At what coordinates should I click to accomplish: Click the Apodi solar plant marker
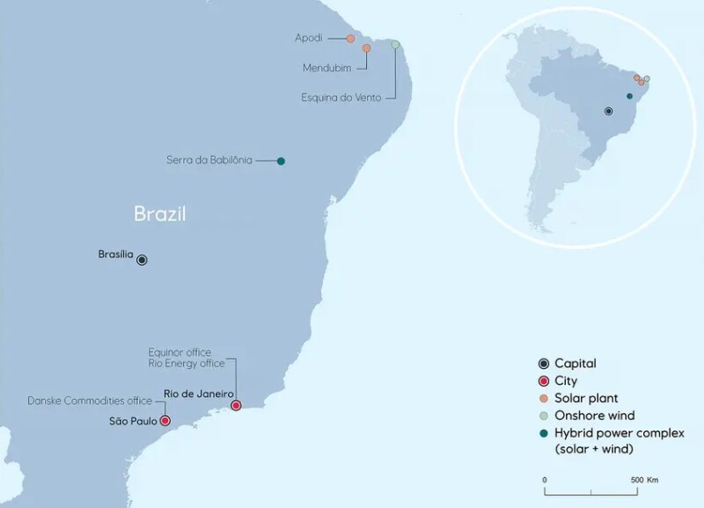coord(350,39)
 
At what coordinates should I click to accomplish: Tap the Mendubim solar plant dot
coord(366,49)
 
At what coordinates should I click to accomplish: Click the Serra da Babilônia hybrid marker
coord(281,160)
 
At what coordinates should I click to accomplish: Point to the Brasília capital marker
coord(142,260)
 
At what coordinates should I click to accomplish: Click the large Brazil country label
coord(162,213)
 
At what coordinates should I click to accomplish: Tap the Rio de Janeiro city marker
coord(236,405)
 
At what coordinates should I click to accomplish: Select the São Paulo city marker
coord(165,421)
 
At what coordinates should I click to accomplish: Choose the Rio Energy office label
coord(186,363)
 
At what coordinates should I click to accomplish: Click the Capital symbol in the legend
coord(543,364)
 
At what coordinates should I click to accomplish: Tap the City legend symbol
coord(543,381)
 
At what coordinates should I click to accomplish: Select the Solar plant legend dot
coord(543,399)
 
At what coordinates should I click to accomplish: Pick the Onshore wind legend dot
coord(543,416)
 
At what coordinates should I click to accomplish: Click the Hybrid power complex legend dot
coord(543,433)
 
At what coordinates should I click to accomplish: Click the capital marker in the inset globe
coord(608,112)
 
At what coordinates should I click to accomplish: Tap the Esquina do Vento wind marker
coord(395,44)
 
